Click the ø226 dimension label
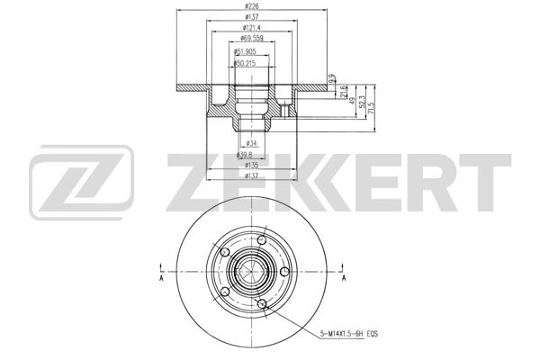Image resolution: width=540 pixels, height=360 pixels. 246,6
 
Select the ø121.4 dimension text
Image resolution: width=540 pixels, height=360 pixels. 246,29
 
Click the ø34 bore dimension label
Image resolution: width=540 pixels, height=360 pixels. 252,143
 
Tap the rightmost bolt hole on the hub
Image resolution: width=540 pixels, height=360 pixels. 284,271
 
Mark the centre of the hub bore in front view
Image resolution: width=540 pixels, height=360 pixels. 246,271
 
